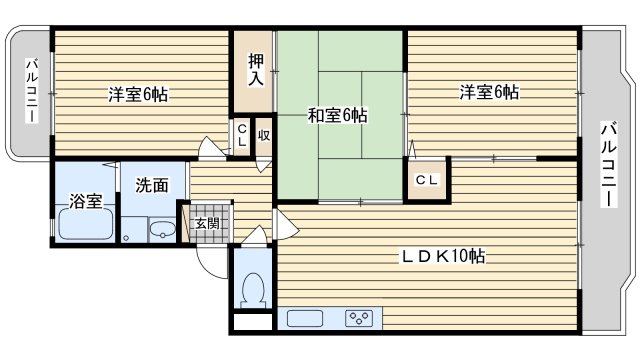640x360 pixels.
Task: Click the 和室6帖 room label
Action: click(x=337, y=116)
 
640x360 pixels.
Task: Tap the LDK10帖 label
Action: click(x=444, y=256)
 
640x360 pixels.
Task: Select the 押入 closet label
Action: click(x=256, y=70)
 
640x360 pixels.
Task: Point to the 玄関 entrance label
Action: click(x=207, y=224)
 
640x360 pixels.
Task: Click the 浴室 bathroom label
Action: click(x=85, y=201)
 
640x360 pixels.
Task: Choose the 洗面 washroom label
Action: click(x=152, y=185)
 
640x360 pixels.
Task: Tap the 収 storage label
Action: click(x=264, y=136)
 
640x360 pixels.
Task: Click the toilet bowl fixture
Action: click(x=253, y=290)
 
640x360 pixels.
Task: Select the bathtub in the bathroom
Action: click(x=85, y=224)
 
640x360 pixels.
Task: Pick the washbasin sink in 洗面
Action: click(x=162, y=231)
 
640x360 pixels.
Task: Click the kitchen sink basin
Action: click(x=305, y=319)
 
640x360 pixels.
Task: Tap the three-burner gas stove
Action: click(x=359, y=319)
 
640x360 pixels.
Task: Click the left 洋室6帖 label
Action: click(x=138, y=94)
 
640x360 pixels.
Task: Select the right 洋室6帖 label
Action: click(x=489, y=92)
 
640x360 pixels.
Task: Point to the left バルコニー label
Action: click(x=32, y=91)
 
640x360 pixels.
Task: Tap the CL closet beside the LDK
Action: click(x=427, y=180)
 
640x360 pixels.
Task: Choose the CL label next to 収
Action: click(x=242, y=136)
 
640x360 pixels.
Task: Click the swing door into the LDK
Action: click(x=287, y=224)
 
